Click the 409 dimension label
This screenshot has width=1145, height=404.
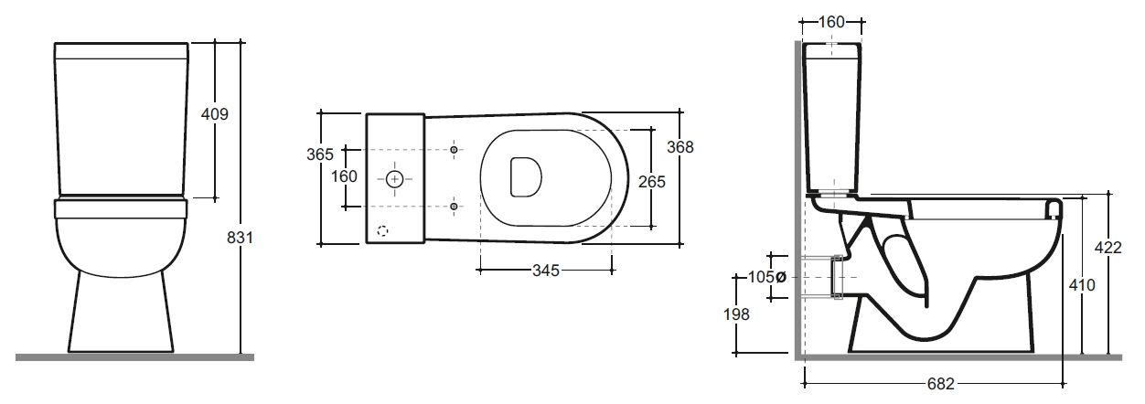pos(215,114)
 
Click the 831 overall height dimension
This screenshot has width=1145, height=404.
pos(240,238)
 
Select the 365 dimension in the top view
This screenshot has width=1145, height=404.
pos(320,154)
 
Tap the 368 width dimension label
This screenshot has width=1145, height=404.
pos(680,147)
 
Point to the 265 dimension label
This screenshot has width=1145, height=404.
pos(652,182)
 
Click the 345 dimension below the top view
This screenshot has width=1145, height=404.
pos(546,271)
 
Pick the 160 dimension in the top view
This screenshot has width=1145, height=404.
pos(344,176)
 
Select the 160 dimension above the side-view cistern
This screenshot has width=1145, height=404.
pos(831,22)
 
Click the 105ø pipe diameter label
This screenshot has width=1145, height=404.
pos(766,277)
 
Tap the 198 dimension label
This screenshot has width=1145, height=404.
pos(736,314)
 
